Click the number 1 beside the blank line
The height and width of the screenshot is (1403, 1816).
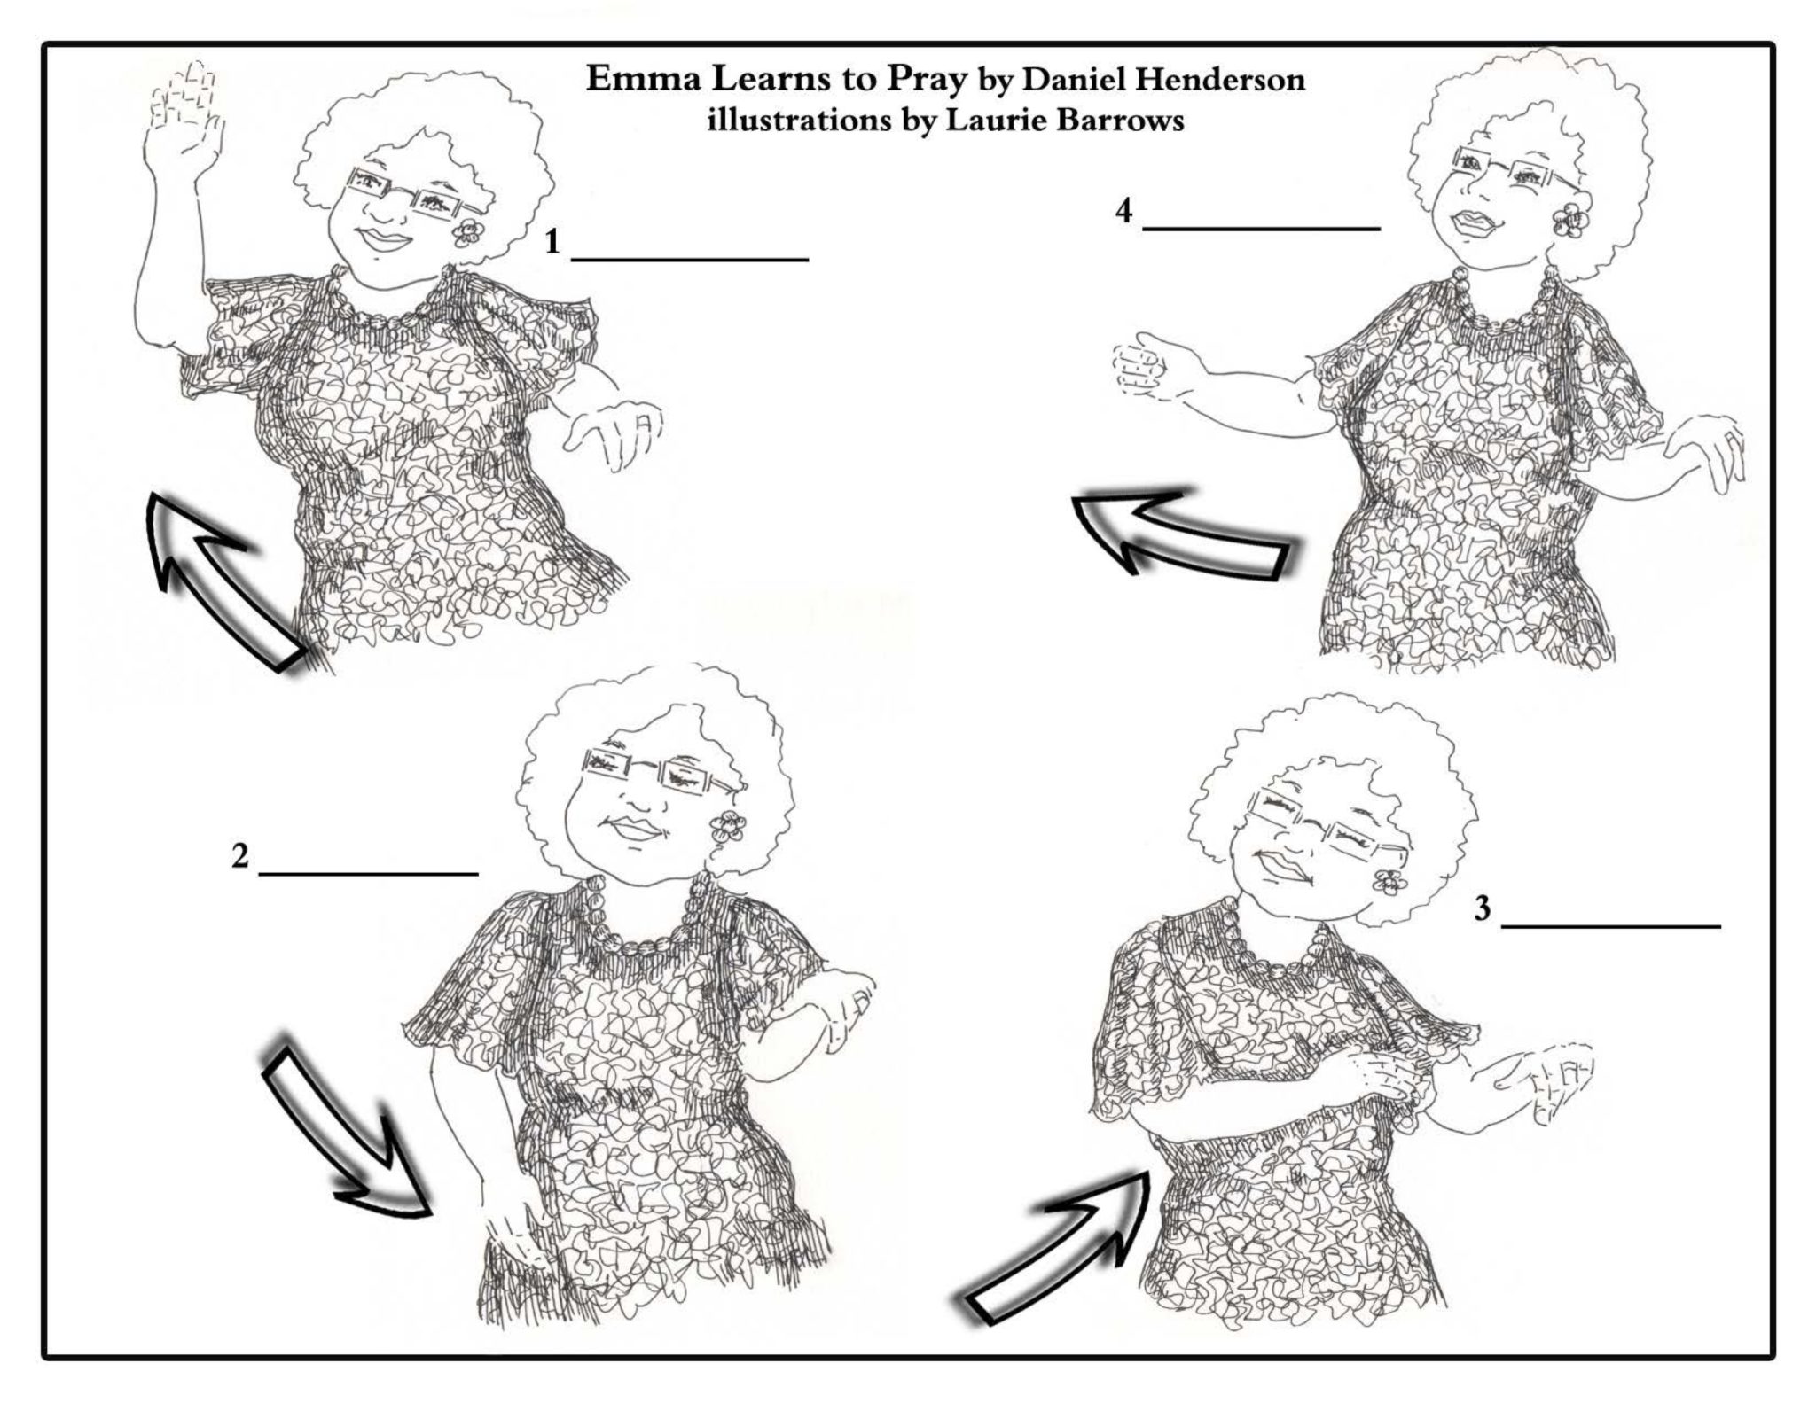pos(552,241)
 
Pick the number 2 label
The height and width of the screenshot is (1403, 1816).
pos(239,856)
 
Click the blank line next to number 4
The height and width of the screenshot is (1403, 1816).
pos(1261,229)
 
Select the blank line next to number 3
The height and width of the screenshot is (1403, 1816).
pos(1610,926)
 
